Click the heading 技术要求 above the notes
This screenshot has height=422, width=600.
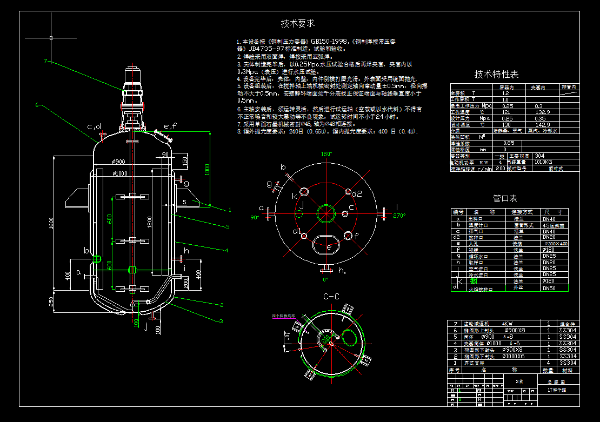(298, 24)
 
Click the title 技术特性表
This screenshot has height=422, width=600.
(496, 74)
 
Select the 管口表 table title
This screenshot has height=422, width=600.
(505, 198)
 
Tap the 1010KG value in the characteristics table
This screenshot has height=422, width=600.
(545, 162)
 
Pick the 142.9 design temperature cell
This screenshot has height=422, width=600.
(542, 124)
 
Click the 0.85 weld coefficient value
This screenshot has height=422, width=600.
(509, 143)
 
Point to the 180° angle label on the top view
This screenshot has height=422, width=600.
(326, 154)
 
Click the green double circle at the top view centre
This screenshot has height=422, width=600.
(325, 213)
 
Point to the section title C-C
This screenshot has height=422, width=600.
(331, 297)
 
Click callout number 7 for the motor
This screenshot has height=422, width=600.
(46, 61)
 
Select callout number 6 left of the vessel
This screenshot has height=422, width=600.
(37, 105)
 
